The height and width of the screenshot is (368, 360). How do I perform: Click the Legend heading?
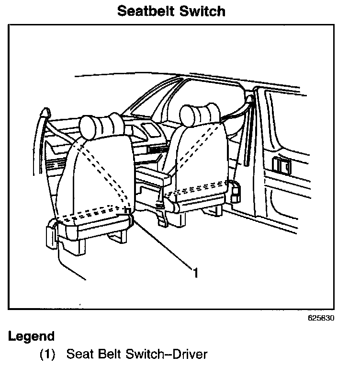pyautogui.click(x=32, y=336)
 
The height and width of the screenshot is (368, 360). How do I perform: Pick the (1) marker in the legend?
pyautogui.click(x=47, y=355)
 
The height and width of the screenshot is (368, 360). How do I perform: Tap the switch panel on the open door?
pyautogui.click(x=281, y=166)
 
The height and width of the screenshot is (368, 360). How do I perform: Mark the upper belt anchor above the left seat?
pyautogui.click(x=45, y=113)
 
